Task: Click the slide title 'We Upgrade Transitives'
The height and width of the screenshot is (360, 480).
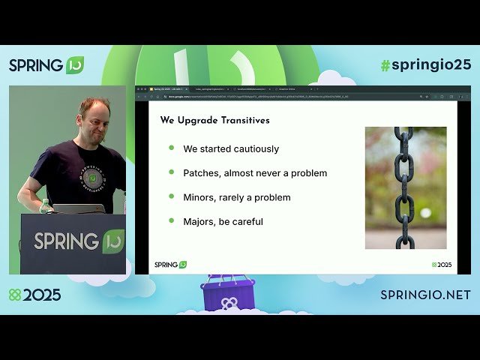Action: pyautogui.click(x=215, y=120)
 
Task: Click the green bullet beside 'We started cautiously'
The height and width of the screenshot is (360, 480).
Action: pyautogui.click(x=171, y=148)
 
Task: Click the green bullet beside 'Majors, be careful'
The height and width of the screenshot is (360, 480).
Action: pyautogui.click(x=171, y=220)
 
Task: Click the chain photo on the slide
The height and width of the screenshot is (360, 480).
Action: pyautogui.click(x=405, y=187)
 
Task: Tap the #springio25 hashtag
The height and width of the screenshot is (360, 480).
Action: pyautogui.click(x=425, y=64)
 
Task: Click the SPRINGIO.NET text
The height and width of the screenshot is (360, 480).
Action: pyautogui.click(x=425, y=295)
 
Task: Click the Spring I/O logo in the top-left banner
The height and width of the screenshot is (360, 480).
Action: pyautogui.click(x=46, y=65)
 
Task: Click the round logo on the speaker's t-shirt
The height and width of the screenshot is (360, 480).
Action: pyautogui.click(x=92, y=178)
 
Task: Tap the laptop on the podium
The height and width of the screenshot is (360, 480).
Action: pyautogui.click(x=78, y=209)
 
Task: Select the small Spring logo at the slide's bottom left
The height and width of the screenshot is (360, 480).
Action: pyautogui.click(x=170, y=265)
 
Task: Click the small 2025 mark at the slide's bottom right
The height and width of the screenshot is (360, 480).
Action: pyautogui.click(x=442, y=265)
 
